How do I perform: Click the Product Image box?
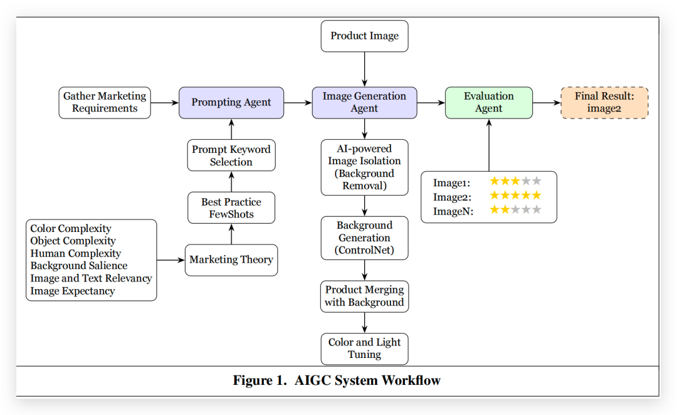coord(364,36)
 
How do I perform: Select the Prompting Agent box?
coord(231,102)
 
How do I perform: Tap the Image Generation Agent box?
coord(364,102)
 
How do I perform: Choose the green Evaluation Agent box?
coord(488,102)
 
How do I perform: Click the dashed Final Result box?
coord(604,102)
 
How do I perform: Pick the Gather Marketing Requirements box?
coord(105,102)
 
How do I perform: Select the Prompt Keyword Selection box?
coord(231,155)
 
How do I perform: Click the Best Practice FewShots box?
coord(231,208)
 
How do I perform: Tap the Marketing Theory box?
coord(231,260)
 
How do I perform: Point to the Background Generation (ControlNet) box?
coord(364,238)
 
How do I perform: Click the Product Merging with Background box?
coord(364,297)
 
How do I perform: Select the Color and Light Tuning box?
coord(364,349)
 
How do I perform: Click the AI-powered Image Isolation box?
coord(364,167)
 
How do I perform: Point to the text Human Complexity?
coord(76,253)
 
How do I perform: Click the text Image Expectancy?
coord(73,291)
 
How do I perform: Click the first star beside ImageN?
coord(495,210)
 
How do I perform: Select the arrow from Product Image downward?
coord(364,69)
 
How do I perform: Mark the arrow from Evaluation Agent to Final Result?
coord(546,102)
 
